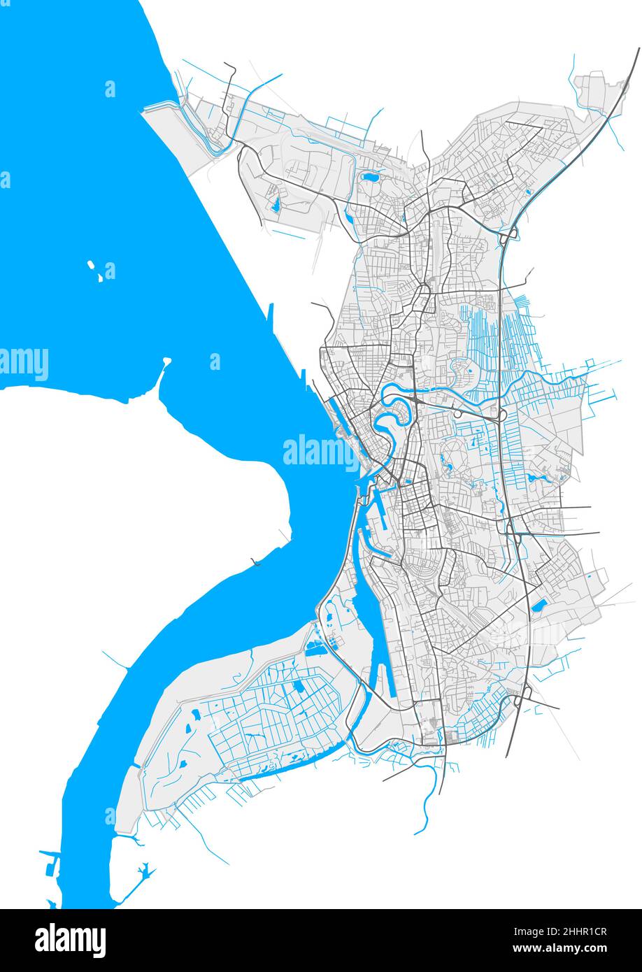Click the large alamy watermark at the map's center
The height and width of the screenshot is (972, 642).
(320, 452)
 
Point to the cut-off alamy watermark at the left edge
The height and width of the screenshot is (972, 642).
(24, 364)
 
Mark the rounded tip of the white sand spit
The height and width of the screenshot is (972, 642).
(166, 362)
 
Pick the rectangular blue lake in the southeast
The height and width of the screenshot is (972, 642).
(539, 605)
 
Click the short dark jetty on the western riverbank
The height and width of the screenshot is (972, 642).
(256, 562)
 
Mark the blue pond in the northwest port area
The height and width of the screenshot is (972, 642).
(276, 204)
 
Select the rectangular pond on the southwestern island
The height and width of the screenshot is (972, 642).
(300, 687)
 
